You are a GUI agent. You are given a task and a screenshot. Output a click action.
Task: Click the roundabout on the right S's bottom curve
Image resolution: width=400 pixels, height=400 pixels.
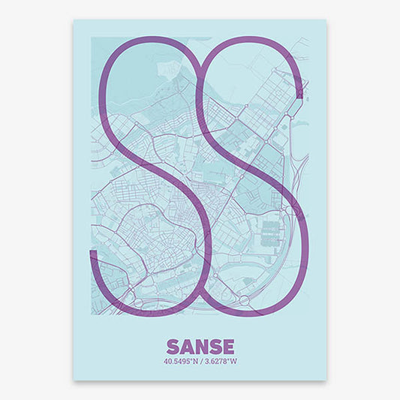point(245,302)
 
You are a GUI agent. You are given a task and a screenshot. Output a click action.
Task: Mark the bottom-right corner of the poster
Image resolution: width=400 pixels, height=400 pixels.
point(326,379)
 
